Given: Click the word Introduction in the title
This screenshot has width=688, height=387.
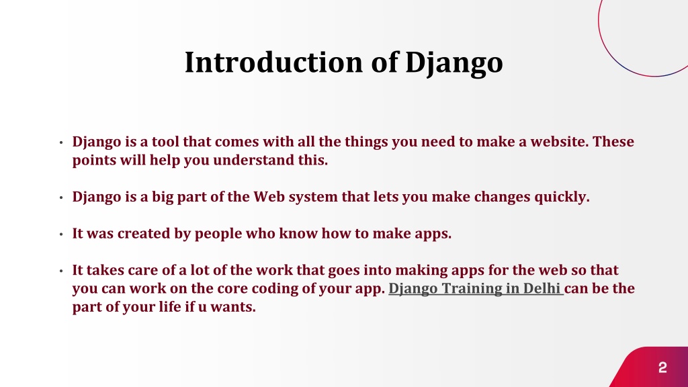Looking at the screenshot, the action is click(x=274, y=62).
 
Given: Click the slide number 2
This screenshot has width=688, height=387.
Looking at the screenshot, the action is click(x=662, y=368).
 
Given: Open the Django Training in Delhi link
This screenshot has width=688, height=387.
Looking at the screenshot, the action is click(x=475, y=288).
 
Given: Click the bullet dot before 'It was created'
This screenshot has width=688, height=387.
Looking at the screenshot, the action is click(x=61, y=234).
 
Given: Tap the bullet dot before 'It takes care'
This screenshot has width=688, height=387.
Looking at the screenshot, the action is click(x=61, y=271).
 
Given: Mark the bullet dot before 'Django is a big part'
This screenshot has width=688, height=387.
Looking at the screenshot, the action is click(x=61, y=198).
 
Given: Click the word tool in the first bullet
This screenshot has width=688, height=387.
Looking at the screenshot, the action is click(x=165, y=141).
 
